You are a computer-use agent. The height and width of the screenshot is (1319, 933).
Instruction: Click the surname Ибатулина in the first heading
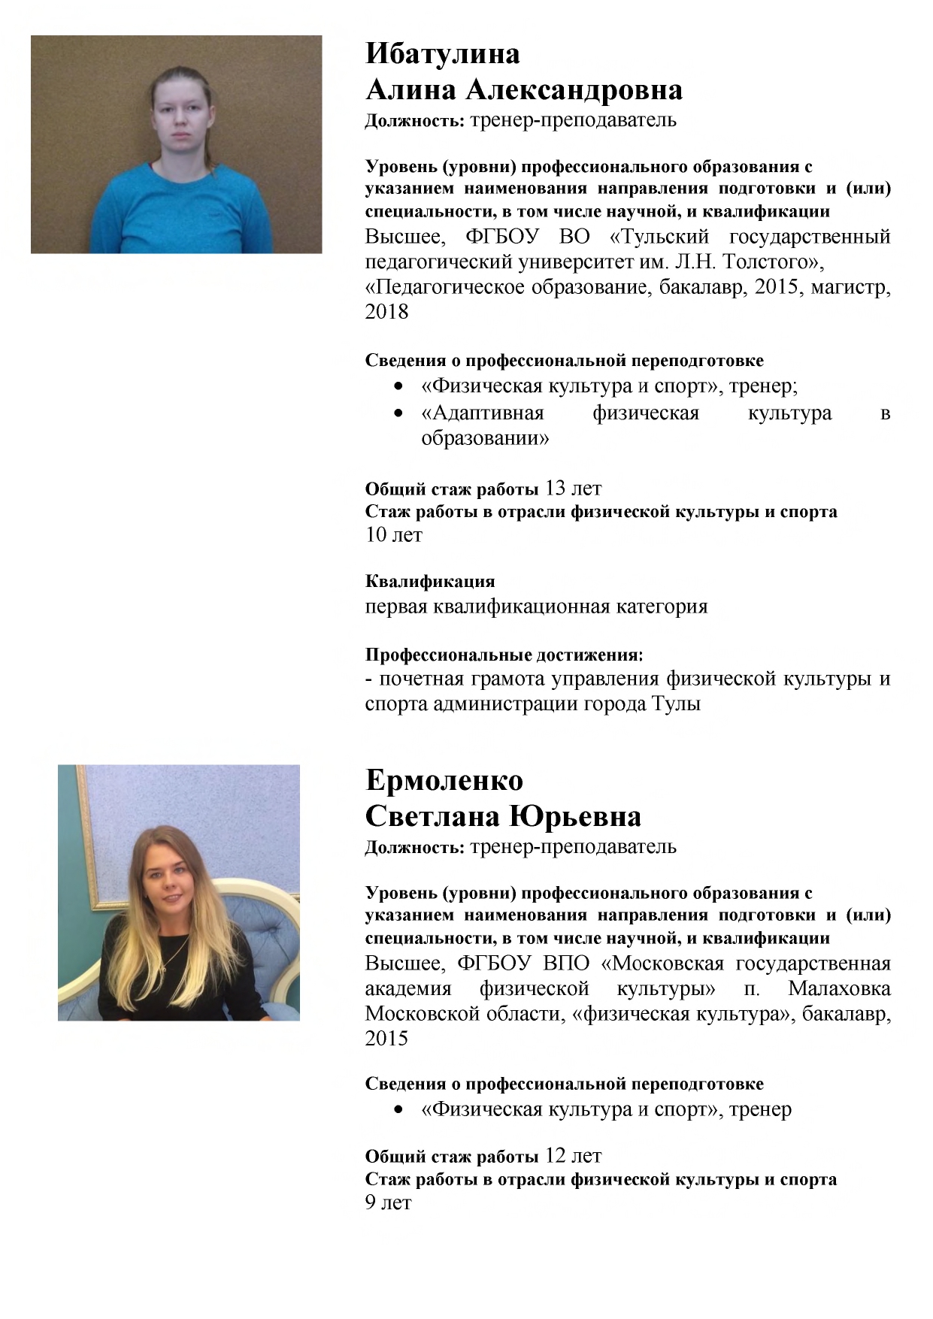(x=442, y=54)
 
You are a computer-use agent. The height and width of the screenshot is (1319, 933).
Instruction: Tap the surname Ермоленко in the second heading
(x=444, y=780)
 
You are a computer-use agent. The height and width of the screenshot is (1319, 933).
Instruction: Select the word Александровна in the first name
(x=574, y=90)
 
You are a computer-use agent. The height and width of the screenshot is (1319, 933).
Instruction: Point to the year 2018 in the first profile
(x=386, y=312)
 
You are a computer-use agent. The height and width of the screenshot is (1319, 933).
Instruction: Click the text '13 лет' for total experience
(x=573, y=489)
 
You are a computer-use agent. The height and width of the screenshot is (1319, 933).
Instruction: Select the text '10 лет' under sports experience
(x=393, y=535)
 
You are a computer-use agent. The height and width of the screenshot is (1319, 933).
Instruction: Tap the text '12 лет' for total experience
(x=573, y=1156)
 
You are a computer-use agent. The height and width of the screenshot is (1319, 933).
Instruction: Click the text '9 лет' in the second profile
(x=388, y=1203)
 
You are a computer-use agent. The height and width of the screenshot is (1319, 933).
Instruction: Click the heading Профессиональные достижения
(x=504, y=655)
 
